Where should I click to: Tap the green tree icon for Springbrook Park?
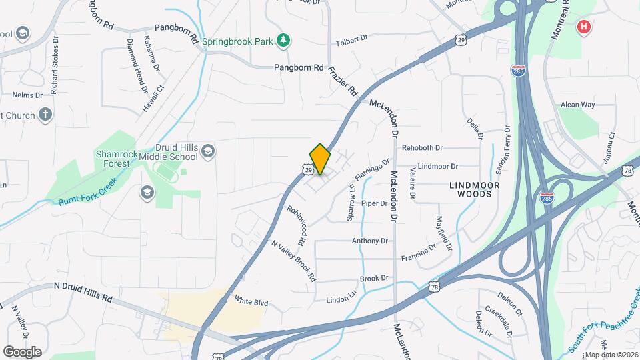[x=284, y=41]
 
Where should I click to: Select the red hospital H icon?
[x=584, y=27]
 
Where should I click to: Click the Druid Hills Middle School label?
[x=167, y=152]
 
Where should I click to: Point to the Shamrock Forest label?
[x=117, y=159]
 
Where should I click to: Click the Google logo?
[x=22, y=351]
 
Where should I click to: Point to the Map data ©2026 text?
[x=611, y=355]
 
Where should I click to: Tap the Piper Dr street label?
[x=374, y=203]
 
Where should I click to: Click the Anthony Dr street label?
[x=370, y=241]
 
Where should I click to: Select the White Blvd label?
[x=251, y=302]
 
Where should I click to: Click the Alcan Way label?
[x=577, y=105]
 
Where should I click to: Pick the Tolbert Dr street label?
[x=352, y=40]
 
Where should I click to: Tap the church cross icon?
[x=45, y=115]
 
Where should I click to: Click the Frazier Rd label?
[x=344, y=81]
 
